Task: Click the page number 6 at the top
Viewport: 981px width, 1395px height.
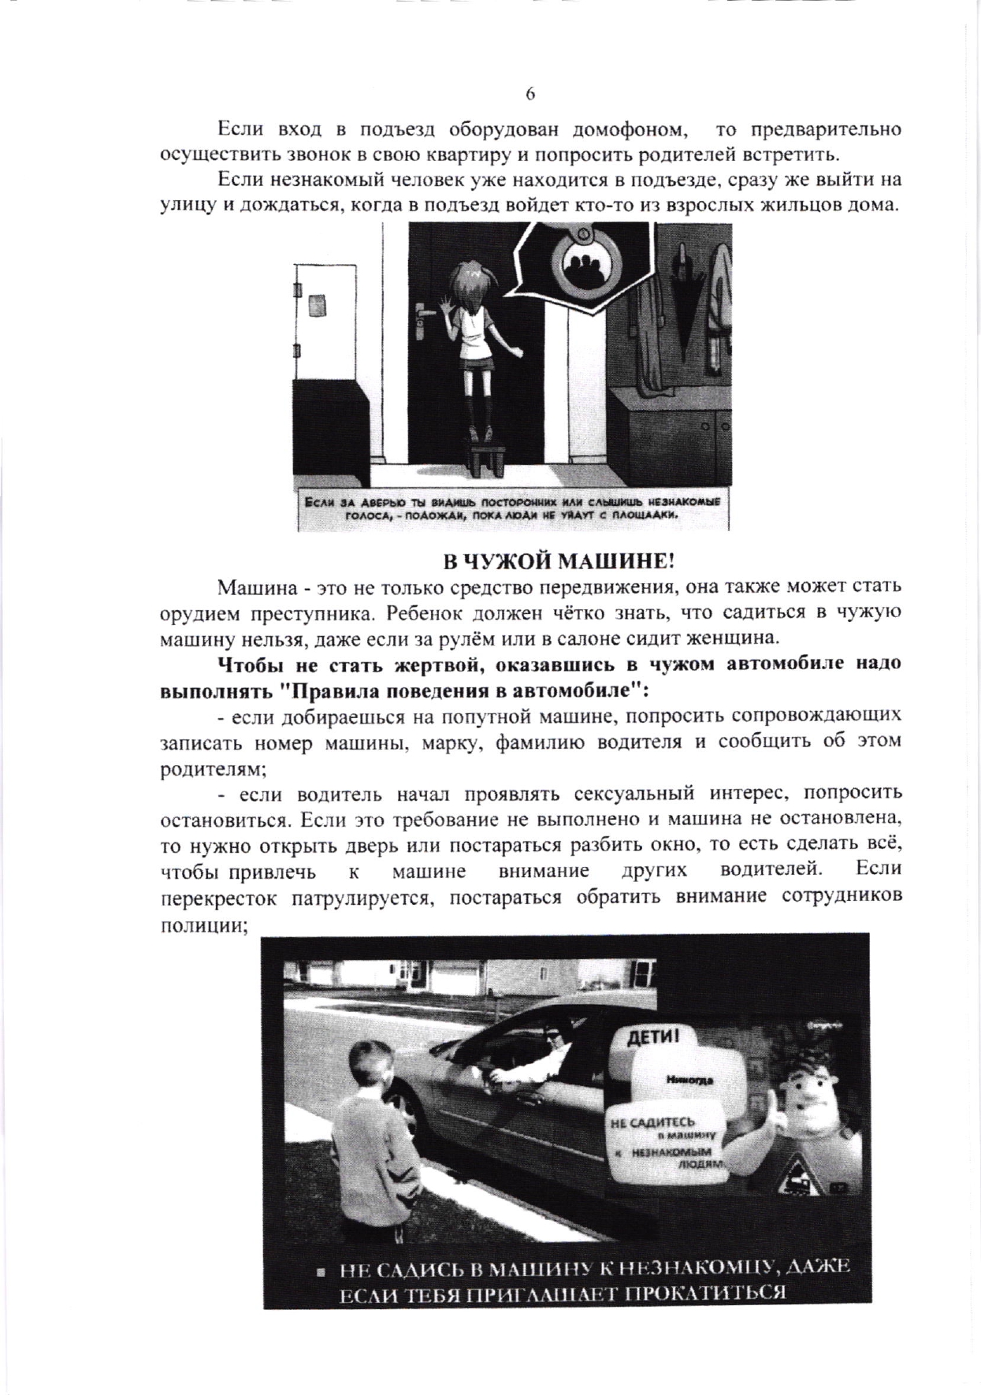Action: click(530, 94)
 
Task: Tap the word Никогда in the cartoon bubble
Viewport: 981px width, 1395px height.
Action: click(689, 1081)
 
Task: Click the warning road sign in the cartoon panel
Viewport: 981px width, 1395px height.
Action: click(795, 1167)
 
